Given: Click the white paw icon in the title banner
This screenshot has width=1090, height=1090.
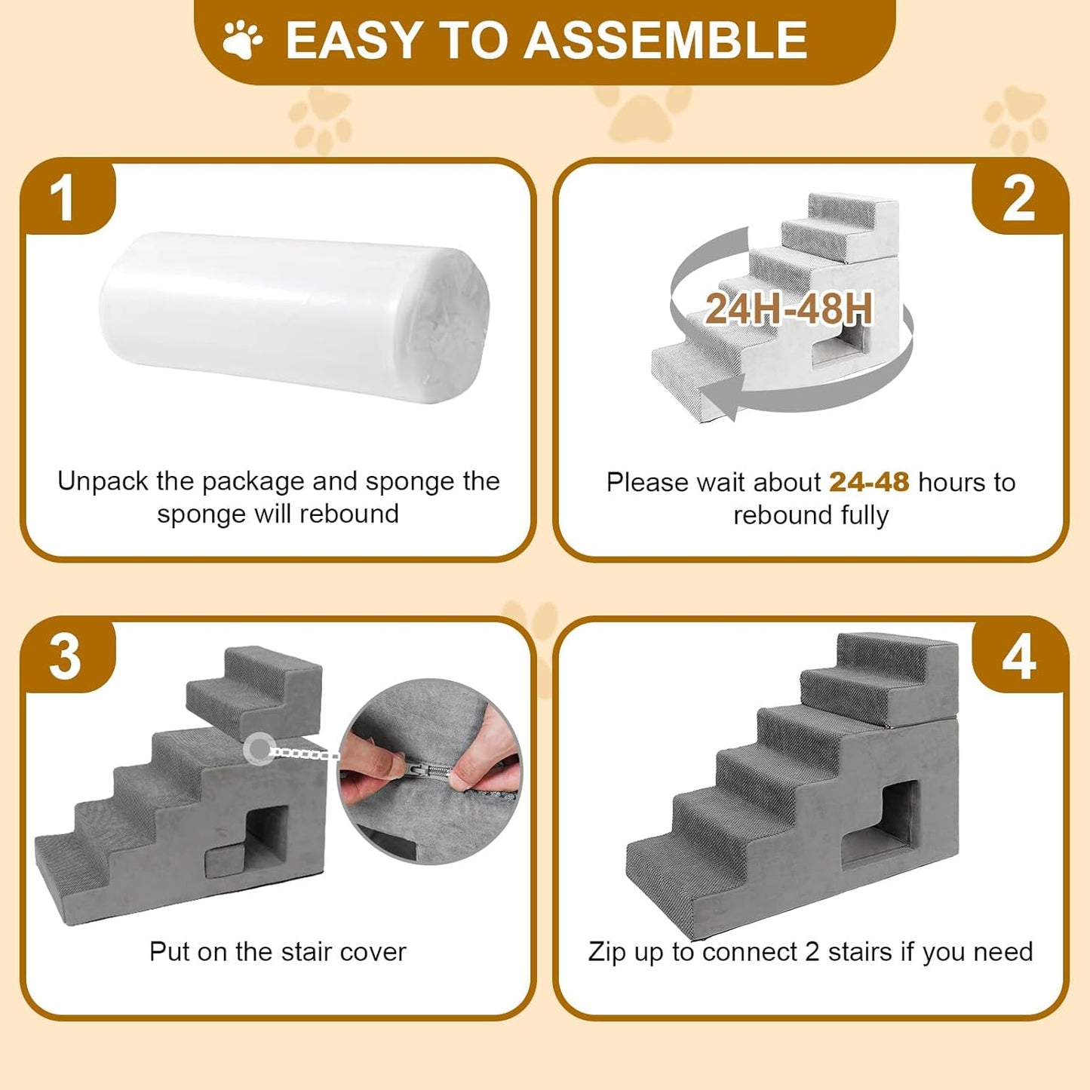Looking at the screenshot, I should (243, 40).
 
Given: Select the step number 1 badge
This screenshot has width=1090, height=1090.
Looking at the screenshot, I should (63, 199).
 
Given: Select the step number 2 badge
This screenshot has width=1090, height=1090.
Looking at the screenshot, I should (1018, 199).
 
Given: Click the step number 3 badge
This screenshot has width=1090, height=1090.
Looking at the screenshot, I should (65, 657).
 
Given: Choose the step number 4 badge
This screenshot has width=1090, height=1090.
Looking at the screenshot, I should (1018, 657).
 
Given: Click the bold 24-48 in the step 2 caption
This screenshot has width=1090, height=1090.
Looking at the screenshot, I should (869, 482).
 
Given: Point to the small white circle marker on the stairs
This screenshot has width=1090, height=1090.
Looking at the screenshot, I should (258, 748).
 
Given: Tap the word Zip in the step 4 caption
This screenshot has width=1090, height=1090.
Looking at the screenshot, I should (607, 952).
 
